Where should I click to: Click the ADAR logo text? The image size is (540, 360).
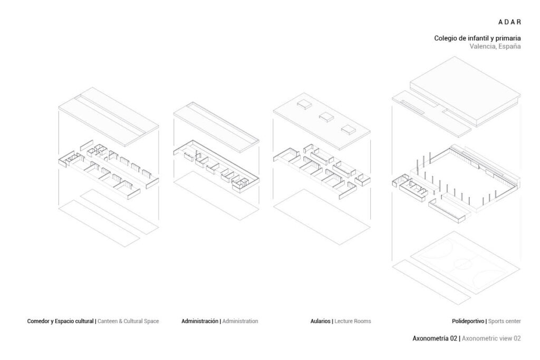(509, 22)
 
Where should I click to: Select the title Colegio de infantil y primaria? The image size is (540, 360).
(477, 38)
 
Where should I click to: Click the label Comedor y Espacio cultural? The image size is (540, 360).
(60, 321)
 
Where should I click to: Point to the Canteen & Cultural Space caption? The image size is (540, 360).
(128, 321)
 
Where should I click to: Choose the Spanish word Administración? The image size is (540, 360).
(200, 321)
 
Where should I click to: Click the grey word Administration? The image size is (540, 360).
(240, 321)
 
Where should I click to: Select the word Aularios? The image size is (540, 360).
(321, 321)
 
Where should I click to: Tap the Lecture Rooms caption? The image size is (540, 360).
(353, 321)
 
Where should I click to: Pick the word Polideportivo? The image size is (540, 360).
(468, 321)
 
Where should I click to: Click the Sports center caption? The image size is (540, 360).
(505, 321)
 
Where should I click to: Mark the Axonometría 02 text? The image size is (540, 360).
(435, 338)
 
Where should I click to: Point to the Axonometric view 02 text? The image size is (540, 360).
(491, 338)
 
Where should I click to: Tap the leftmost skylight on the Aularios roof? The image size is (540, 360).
(304, 104)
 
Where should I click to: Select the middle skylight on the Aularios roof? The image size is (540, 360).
(326, 116)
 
